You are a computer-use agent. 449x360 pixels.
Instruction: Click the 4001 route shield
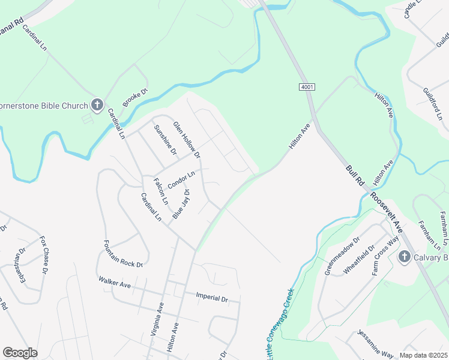click(306, 88)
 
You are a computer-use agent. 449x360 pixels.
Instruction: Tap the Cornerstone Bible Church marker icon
click(97, 106)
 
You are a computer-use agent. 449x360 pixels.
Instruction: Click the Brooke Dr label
click(135, 98)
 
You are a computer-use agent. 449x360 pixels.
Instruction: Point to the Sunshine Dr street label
click(165, 140)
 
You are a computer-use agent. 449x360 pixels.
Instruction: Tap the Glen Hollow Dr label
click(186, 140)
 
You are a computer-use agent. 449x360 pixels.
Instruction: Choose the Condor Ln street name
click(181, 180)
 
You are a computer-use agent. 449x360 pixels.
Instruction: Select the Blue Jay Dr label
click(181, 204)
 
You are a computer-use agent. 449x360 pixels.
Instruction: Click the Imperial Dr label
click(212, 297)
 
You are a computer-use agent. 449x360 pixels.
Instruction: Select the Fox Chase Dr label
click(44, 254)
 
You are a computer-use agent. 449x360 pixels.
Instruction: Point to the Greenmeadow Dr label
click(342, 254)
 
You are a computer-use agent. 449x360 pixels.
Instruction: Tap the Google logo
click(20, 353)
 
